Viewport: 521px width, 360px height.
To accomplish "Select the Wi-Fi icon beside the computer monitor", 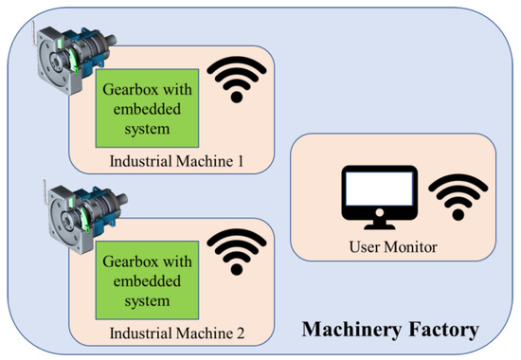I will click(x=448, y=197).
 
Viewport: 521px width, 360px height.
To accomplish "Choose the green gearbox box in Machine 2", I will click(x=143, y=279).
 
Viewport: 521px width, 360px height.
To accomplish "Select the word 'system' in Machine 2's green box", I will click(x=143, y=301).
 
